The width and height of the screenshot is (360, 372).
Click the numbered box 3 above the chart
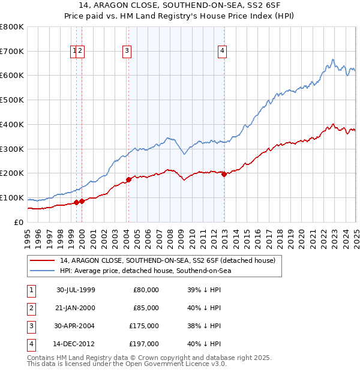pyautogui.click(x=127, y=52)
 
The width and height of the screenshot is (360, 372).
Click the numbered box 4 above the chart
pyautogui.click(x=222, y=52)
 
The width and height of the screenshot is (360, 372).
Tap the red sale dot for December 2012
pyautogui.click(x=224, y=174)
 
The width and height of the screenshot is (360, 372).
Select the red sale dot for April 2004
pyautogui.click(x=128, y=179)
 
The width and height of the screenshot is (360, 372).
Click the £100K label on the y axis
pyautogui.click(x=12, y=198)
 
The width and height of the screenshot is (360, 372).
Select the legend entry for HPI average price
pyautogui.click(x=145, y=271)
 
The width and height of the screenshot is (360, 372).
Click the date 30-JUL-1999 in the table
pyautogui.click(x=76, y=290)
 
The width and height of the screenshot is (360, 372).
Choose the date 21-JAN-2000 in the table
pyautogui.click(x=76, y=308)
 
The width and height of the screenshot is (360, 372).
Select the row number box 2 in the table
pyautogui.click(x=31, y=308)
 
